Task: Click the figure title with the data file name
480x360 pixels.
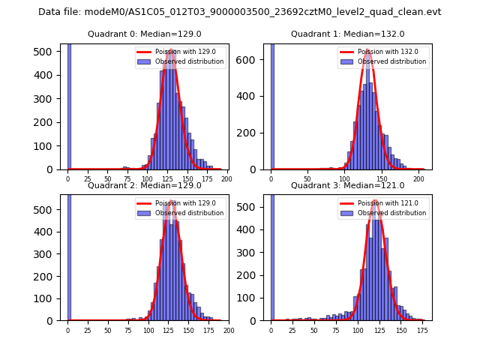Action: (x=240, y=12)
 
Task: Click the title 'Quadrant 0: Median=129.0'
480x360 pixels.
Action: (x=142, y=34)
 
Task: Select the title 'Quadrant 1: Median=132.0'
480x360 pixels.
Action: (x=347, y=34)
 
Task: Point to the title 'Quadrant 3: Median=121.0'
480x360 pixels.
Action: (x=347, y=185)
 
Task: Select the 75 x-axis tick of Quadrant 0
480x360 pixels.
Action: (x=127, y=179)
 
